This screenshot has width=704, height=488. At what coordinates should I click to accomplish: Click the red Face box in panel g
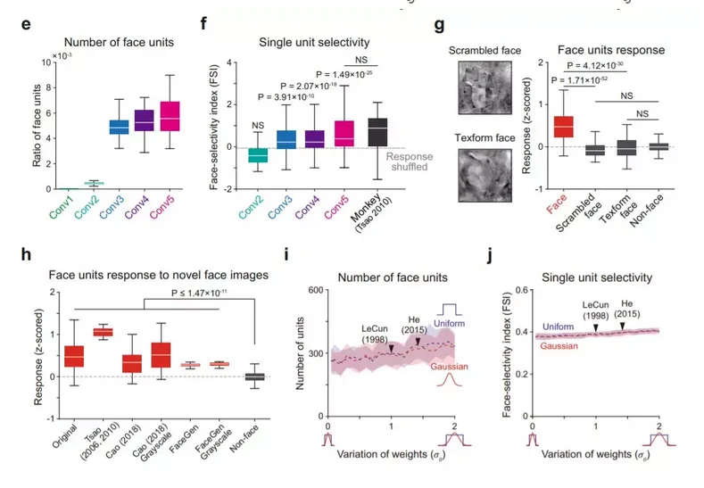click(564, 126)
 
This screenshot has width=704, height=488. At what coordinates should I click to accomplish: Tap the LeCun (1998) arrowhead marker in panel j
click(595, 329)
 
